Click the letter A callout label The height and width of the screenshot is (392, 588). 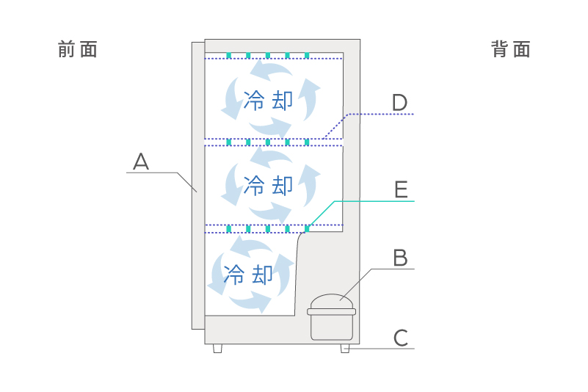click(141, 161)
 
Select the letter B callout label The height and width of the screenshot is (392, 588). click(400, 258)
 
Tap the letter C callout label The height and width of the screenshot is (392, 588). click(400, 338)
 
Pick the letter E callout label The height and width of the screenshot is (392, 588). click(400, 189)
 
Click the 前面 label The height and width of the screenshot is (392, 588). click(78, 49)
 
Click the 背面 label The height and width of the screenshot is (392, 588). click(511, 49)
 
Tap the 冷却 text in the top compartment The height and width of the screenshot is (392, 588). click(267, 101)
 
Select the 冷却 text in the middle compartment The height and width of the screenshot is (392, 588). click(267, 184)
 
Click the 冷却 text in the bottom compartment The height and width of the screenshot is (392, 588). click(248, 275)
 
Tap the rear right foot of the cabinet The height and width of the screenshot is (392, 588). click(345, 349)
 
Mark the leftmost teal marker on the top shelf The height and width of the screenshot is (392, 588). click(229, 55)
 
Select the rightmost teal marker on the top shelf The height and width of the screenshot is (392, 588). click(307, 55)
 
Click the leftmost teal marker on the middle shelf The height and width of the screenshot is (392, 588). click(229, 142)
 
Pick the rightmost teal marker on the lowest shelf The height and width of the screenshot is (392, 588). click(307, 228)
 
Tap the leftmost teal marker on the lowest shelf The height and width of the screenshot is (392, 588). click(229, 228)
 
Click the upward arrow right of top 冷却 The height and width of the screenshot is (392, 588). click(311, 99)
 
